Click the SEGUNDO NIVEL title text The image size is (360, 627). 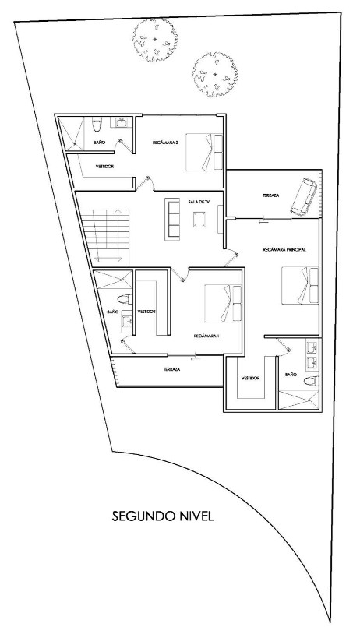162,516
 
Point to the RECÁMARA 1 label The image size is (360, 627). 206,336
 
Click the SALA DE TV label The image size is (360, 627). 199,202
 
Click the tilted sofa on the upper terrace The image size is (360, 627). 303,196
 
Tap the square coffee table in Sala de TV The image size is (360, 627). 197,220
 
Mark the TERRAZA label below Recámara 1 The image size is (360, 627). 172,369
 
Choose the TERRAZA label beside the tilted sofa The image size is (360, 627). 270,195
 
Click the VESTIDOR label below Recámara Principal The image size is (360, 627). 250,378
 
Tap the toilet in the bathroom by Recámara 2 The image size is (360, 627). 97,125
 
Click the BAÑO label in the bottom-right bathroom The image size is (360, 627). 291,375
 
